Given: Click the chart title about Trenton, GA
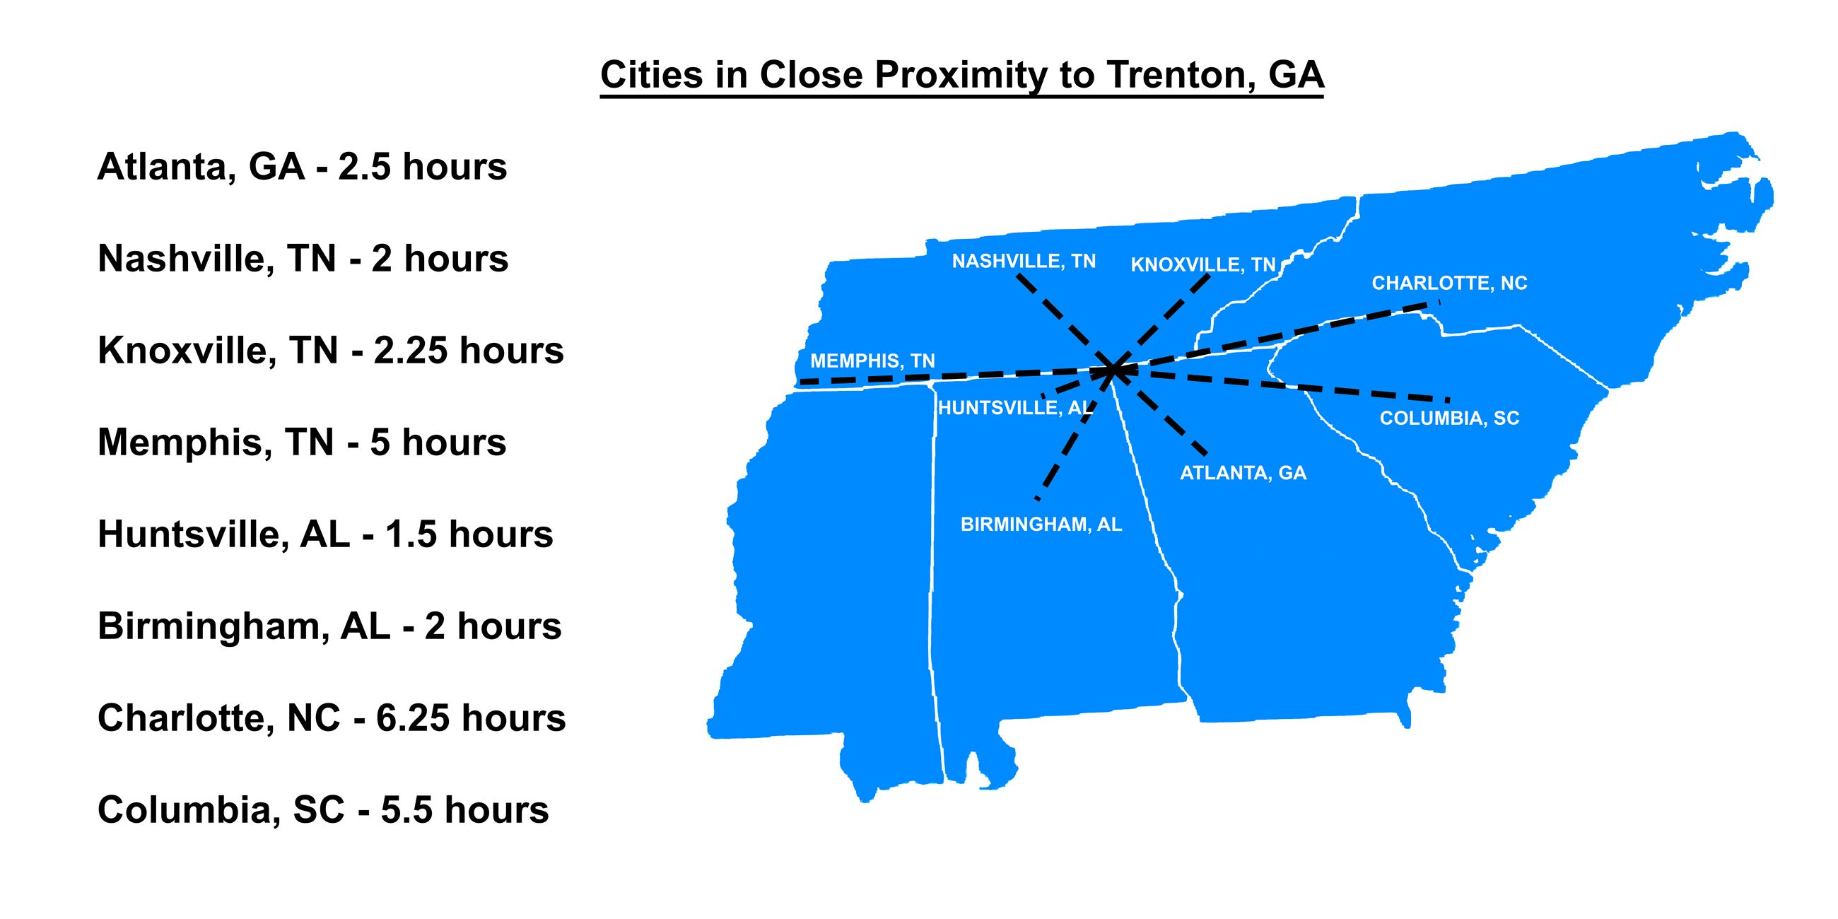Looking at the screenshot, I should click(962, 75).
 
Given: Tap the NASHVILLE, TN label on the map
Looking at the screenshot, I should click(1023, 262).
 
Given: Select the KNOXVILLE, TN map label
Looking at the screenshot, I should click(1203, 265).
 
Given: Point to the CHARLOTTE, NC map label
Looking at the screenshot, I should click(1449, 283).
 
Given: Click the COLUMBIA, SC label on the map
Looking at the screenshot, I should click(1449, 418).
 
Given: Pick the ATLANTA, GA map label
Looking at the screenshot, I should click(1243, 473).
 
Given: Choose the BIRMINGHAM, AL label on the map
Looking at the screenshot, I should click(1041, 525).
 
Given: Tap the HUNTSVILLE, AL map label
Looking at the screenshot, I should click(1014, 408).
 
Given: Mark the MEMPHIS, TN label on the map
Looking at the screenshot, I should click(872, 361).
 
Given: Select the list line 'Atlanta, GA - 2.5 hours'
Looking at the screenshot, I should click(302, 167).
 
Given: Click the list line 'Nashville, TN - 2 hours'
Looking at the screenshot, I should click(303, 258).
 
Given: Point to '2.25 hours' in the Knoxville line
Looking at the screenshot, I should click(469, 351).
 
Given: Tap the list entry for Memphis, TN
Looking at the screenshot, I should click(302, 443).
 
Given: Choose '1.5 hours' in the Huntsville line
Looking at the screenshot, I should click(469, 534).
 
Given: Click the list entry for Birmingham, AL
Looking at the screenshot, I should click(329, 626).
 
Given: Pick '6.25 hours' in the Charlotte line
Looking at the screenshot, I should click(471, 718).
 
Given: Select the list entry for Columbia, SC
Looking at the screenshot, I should click(322, 810).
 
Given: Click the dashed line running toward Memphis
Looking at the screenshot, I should click(927, 377).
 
